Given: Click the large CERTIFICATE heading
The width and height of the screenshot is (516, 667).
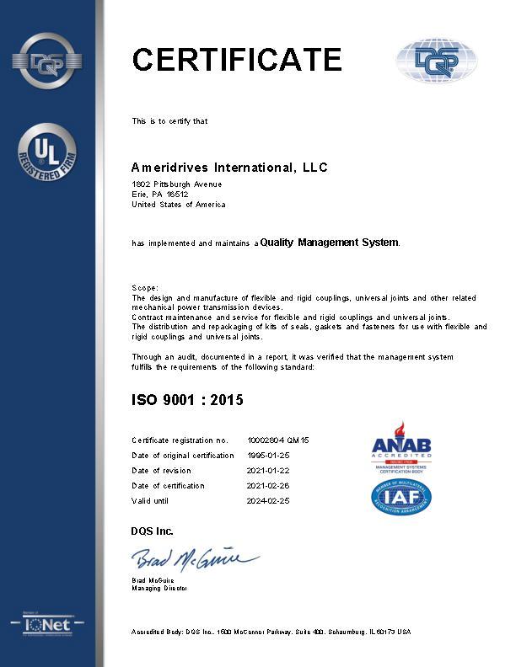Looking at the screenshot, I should pos(237,60).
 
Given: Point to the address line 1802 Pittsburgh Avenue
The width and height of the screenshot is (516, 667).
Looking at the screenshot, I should pos(177,184).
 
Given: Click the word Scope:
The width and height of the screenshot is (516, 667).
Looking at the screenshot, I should pos(145,288).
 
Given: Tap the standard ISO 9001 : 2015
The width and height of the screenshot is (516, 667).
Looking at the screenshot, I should pos(187,400).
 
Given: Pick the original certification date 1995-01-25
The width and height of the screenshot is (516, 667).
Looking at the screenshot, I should pos(268,456).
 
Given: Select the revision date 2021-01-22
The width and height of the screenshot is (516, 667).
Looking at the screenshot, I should pos(268,471).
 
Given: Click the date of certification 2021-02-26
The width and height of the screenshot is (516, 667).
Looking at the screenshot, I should pos(268,486).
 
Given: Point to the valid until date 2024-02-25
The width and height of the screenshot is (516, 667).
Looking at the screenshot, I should pos(268,501).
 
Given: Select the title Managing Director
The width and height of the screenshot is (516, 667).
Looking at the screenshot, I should pos(159,588).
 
